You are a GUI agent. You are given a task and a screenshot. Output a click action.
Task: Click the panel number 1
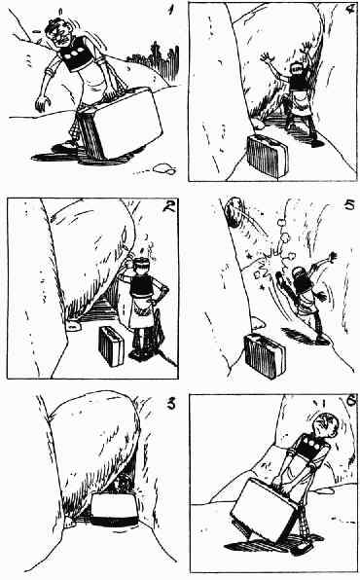tap(170, 10)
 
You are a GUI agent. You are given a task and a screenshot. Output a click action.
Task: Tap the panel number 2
tap(169, 205)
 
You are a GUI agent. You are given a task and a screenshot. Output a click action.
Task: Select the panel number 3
tap(171, 404)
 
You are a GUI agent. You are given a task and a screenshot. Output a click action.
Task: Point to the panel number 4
tap(349, 10)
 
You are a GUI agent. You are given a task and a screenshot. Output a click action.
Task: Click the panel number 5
tap(349, 204)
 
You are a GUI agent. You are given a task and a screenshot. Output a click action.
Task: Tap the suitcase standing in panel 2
tap(111, 345)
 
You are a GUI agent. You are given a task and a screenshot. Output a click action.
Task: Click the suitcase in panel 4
tap(268, 155)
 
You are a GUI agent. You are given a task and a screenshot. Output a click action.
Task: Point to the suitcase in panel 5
tap(266, 355)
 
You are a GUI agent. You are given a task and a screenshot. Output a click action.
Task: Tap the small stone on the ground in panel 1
tap(163, 168)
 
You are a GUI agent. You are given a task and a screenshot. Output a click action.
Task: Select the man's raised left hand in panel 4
tap(266, 57)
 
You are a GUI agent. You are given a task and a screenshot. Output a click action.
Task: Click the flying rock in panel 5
tap(234, 211)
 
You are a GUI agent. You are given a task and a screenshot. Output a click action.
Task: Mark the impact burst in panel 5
tap(269, 267)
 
